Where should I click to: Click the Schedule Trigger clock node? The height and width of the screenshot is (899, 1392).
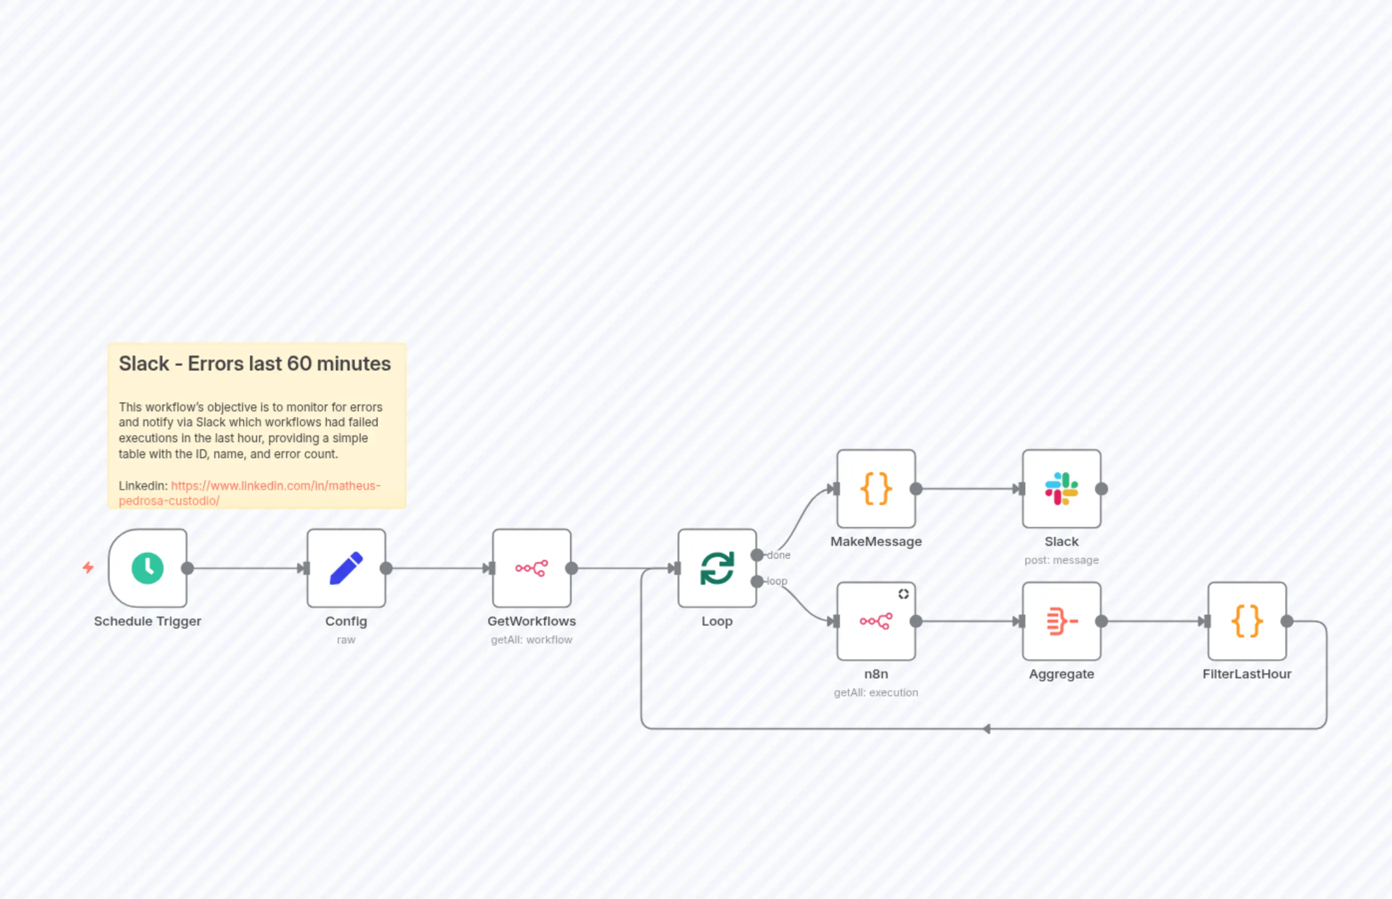[x=148, y=568]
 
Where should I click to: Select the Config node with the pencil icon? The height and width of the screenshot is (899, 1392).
[x=346, y=568]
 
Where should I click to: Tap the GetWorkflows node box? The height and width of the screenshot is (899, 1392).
[x=532, y=568]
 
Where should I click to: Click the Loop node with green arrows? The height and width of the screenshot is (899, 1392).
[x=717, y=568]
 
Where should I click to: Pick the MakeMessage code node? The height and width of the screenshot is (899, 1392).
[x=876, y=489]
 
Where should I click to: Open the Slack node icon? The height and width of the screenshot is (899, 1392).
[x=1062, y=489]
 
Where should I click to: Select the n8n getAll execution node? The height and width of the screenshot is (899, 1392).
[x=876, y=621]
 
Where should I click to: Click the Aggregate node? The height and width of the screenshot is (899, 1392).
[x=1062, y=621]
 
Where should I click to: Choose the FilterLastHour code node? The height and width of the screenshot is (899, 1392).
[x=1247, y=621]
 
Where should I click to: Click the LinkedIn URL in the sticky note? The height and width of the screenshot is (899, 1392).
[x=275, y=486]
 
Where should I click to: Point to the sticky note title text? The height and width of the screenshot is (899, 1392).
[x=255, y=364]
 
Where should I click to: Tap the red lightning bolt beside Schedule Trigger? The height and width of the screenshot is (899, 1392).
[x=88, y=567]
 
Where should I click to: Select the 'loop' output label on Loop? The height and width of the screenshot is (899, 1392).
[x=777, y=581]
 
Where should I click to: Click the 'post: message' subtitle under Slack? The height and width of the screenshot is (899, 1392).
[x=1062, y=560]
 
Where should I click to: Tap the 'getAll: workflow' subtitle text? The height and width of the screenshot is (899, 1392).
[x=532, y=640]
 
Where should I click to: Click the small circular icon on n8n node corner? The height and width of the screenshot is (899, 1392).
[x=903, y=594]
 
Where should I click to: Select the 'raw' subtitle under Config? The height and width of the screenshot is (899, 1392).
[x=346, y=640]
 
